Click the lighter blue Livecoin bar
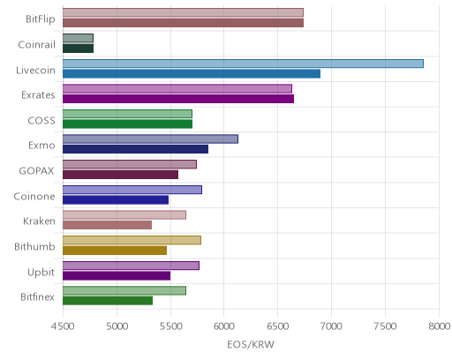(243, 64)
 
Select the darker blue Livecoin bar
(192, 73)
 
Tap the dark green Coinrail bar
(78, 49)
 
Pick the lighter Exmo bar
(150, 139)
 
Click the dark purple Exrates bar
(178, 99)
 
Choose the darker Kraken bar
(107, 225)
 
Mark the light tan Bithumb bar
(132, 240)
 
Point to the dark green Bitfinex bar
(108, 301)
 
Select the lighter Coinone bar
(132, 190)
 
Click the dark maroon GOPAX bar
(120, 175)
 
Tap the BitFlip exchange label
(41, 19)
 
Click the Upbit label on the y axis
(41, 273)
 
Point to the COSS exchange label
(41, 120)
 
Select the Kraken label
(39, 221)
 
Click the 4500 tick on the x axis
(63, 326)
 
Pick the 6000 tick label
(224, 326)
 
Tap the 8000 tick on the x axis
(439, 326)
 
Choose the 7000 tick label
(331, 326)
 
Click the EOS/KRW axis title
(251, 344)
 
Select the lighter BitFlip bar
(183, 12)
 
